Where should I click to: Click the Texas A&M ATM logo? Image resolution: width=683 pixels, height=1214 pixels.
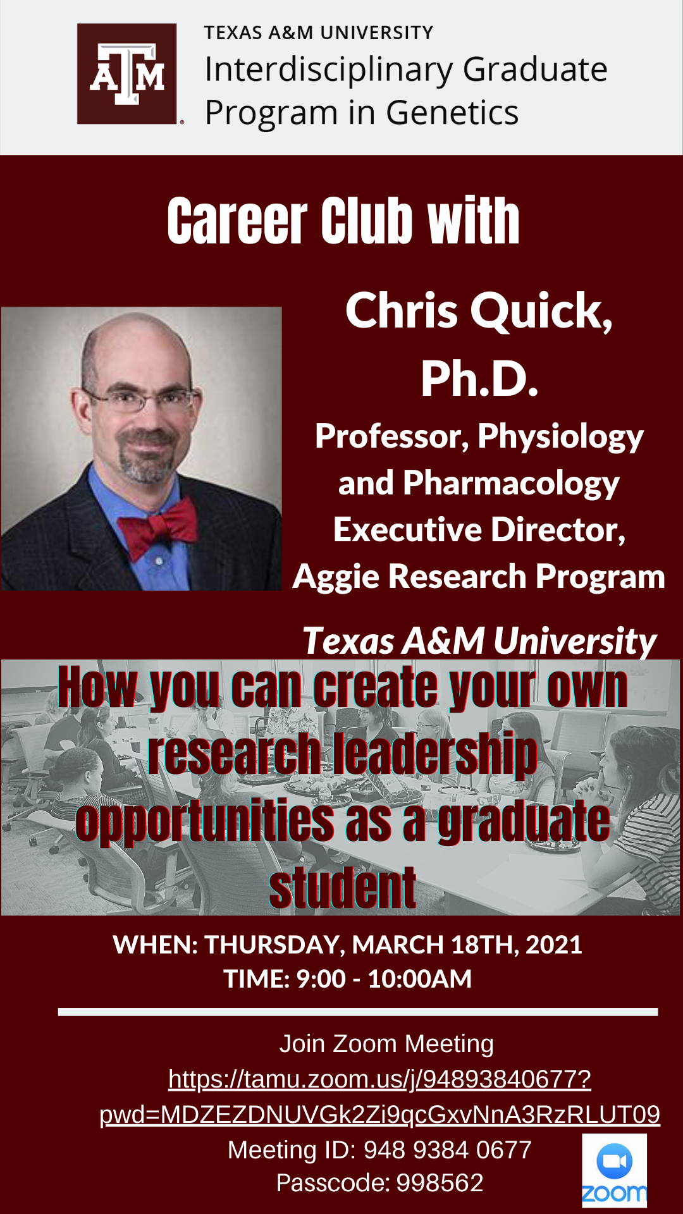(x=126, y=74)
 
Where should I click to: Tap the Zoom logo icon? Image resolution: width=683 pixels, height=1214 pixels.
(x=614, y=1170)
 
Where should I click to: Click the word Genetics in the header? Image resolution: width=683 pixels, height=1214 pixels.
(x=452, y=113)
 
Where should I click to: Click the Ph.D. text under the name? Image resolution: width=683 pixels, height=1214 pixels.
(x=479, y=379)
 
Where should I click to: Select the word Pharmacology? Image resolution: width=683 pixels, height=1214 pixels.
(x=511, y=484)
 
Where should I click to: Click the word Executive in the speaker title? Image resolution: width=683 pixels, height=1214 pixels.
(x=409, y=529)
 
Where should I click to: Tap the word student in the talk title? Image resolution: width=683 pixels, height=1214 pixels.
(x=342, y=888)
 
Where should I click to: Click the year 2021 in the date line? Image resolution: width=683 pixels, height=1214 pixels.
(x=553, y=945)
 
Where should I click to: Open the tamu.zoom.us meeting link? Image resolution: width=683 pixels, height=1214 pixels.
(x=379, y=1097)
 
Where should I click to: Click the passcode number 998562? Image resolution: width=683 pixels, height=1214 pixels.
(x=440, y=1183)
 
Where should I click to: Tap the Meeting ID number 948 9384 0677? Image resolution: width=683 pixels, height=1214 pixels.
(x=448, y=1150)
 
